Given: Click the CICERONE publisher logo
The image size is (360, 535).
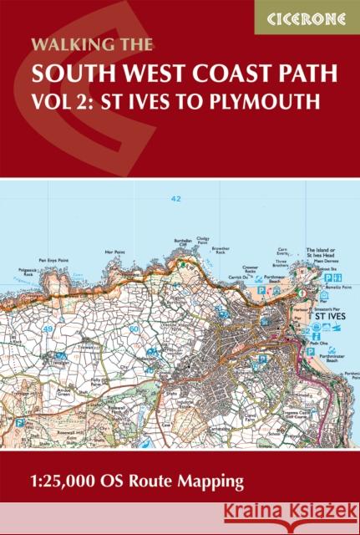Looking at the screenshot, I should pyautogui.click(x=307, y=17).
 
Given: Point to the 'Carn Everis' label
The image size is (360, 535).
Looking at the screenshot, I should pyautogui.click(x=286, y=252).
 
